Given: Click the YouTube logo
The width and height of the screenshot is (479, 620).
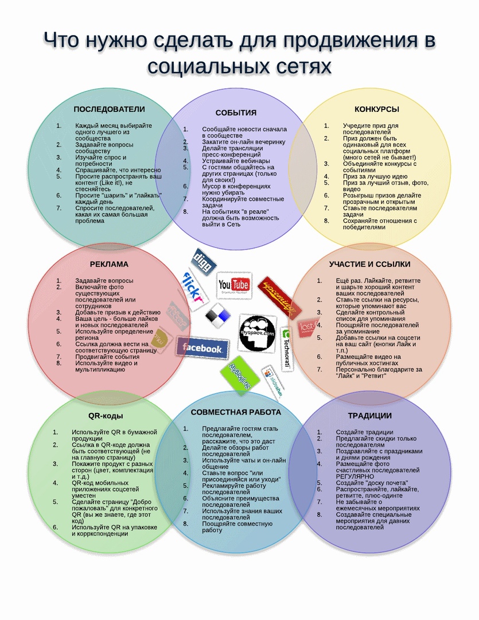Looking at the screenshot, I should pyautogui.click(x=233, y=285).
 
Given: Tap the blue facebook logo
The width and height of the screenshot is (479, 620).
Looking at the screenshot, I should pyautogui.click(x=201, y=348).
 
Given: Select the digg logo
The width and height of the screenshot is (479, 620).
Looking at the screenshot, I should pyautogui.click(x=203, y=261).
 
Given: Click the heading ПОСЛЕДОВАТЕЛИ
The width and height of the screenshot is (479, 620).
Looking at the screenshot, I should pyautogui.click(x=109, y=108).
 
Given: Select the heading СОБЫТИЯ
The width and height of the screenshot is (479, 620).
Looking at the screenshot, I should pyautogui.click(x=236, y=113).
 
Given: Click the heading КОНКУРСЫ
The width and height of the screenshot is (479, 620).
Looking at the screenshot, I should pyautogui.click(x=376, y=108).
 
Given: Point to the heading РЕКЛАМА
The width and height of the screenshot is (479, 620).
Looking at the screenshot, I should pyautogui.click(x=109, y=264).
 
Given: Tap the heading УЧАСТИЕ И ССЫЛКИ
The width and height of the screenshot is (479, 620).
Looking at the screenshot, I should pyautogui.click(x=369, y=264).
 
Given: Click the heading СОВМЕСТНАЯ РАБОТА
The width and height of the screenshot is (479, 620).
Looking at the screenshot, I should pyautogui.click(x=236, y=412).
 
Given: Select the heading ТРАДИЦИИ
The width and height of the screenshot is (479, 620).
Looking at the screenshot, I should pyautogui.click(x=369, y=416).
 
